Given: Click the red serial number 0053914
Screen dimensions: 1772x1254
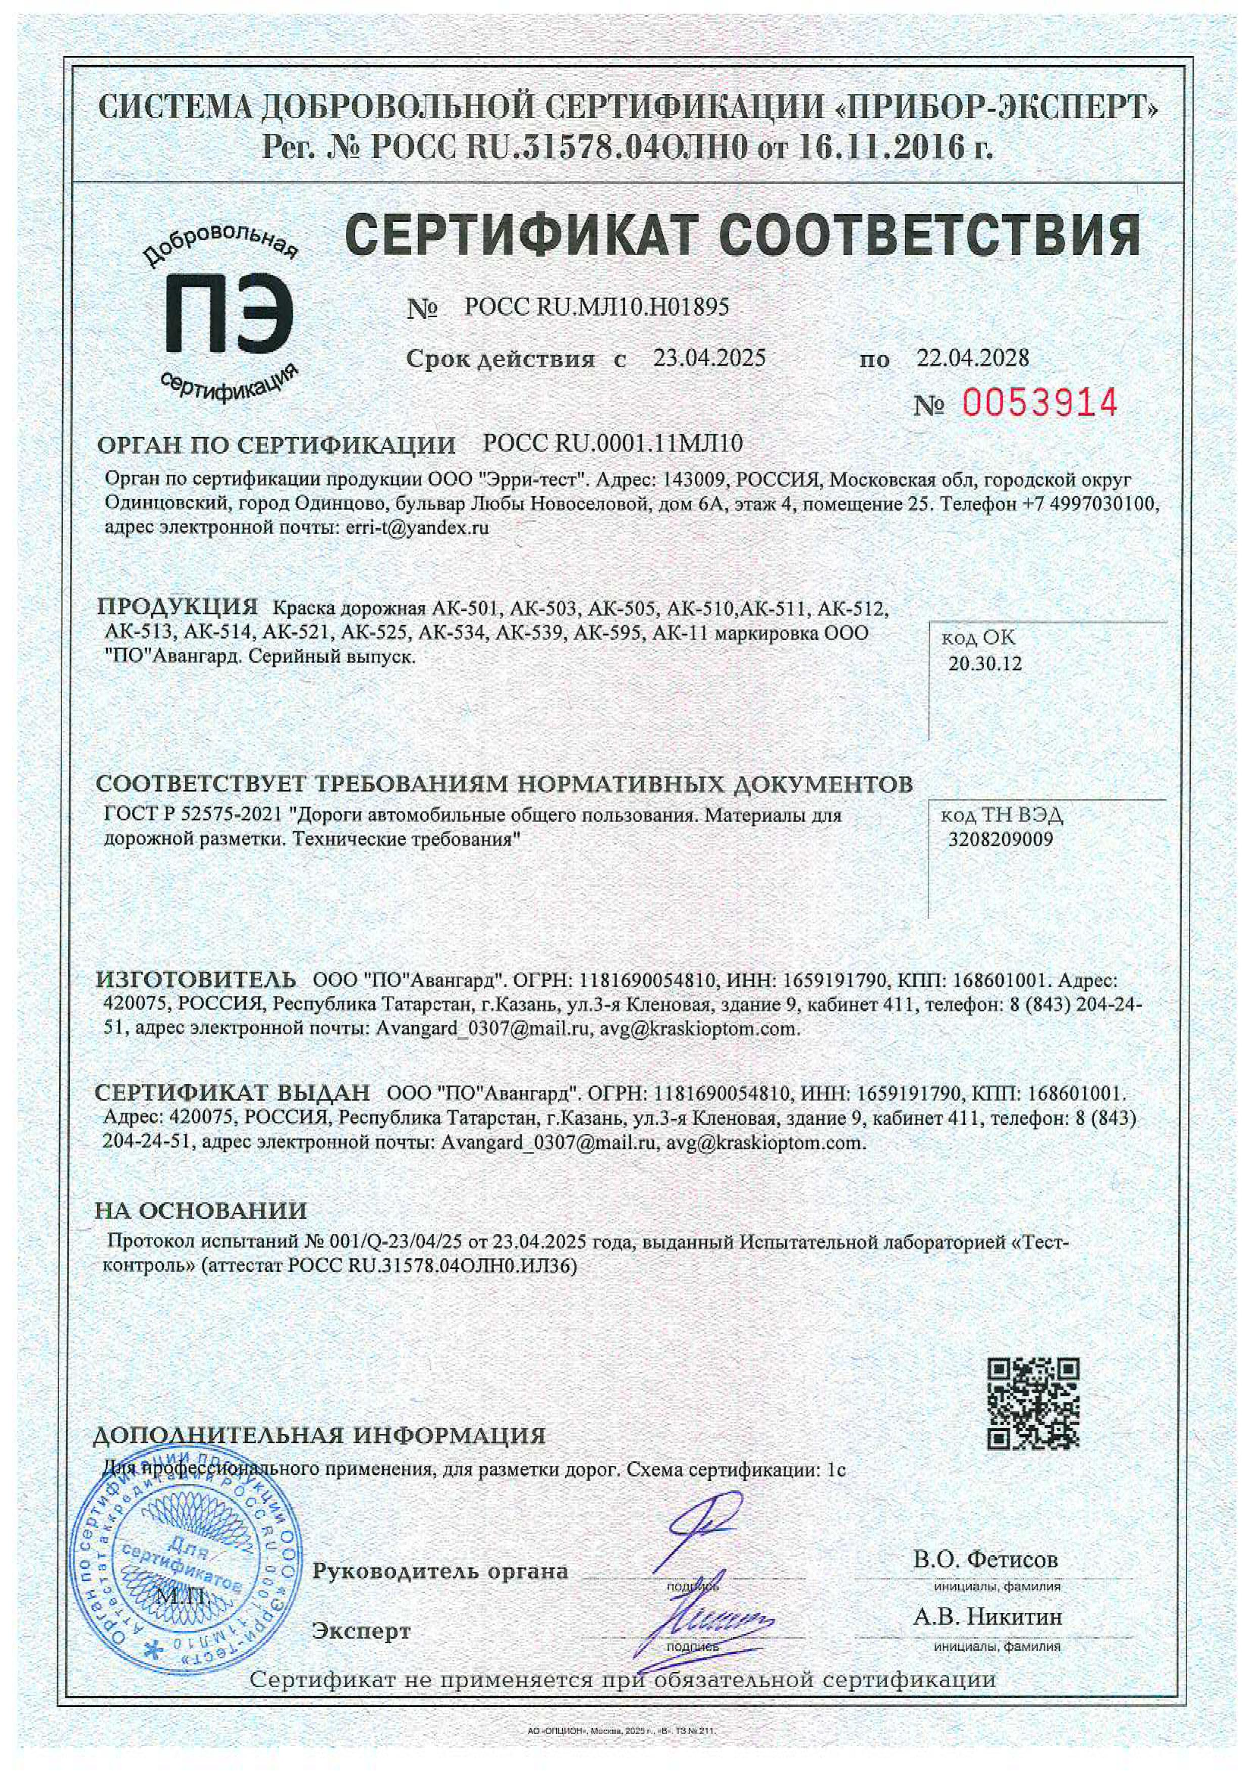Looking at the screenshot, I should (x=1039, y=402).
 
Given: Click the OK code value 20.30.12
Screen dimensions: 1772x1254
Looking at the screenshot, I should (x=984, y=664).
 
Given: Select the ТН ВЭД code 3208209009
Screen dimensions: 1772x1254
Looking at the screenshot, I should (x=1000, y=840).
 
